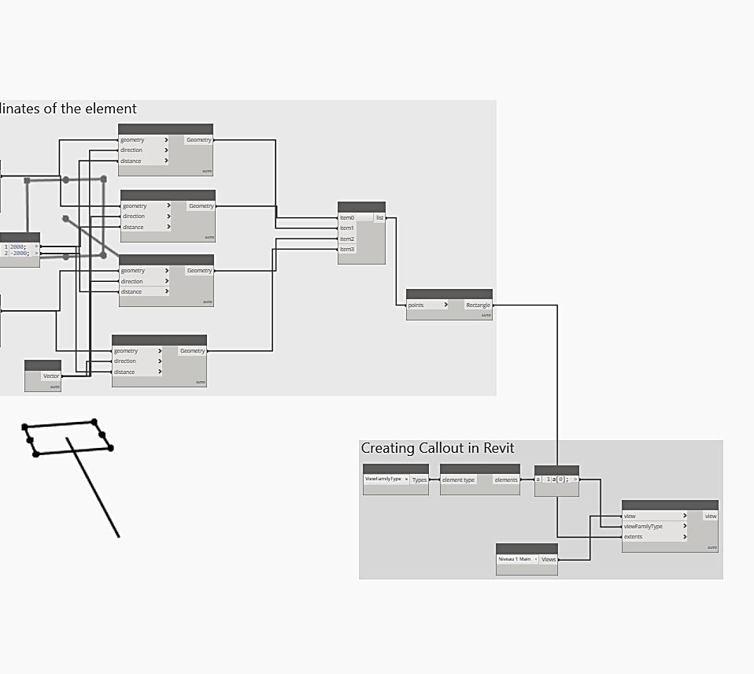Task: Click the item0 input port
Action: (347, 217)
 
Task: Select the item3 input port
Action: (347, 250)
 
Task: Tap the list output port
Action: (379, 217)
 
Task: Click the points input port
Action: (416, 305)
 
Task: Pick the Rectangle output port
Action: (477, 305)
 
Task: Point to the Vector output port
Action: (50, 376)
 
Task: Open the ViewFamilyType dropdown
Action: (386, 479)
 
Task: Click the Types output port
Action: (420, 480)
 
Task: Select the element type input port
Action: (459, 480)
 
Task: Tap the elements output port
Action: (506, 480)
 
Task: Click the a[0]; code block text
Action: (560, 479)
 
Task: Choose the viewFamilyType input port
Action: (643, 527)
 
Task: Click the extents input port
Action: (633, 537)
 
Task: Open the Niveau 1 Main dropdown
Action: (517, 559)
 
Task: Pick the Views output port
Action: (549, 560)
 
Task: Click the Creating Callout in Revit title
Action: (438, 448)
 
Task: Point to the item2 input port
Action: (347, 239)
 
